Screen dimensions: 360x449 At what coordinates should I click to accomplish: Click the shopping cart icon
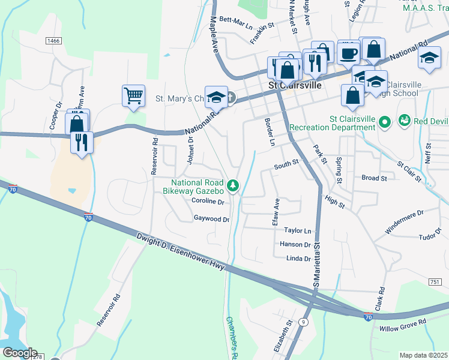pos(133,95)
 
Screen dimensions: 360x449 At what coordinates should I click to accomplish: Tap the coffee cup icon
pos(348,53)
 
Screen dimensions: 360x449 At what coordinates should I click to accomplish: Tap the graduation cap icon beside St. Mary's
pos(215,98)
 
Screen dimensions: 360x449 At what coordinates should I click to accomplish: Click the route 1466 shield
pos(53,40)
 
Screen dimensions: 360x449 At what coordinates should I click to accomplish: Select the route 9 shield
pos(305,322)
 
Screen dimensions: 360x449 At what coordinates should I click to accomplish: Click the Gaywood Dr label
pos(211,220)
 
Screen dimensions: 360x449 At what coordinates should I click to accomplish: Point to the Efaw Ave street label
pos(277,212)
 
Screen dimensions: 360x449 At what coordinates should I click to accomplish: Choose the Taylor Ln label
pos(298,230)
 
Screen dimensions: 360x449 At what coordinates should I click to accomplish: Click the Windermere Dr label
pos(404,221)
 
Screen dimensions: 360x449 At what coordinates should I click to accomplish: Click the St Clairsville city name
pos(295,85)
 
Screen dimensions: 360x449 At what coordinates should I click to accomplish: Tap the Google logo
pos(19,352)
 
